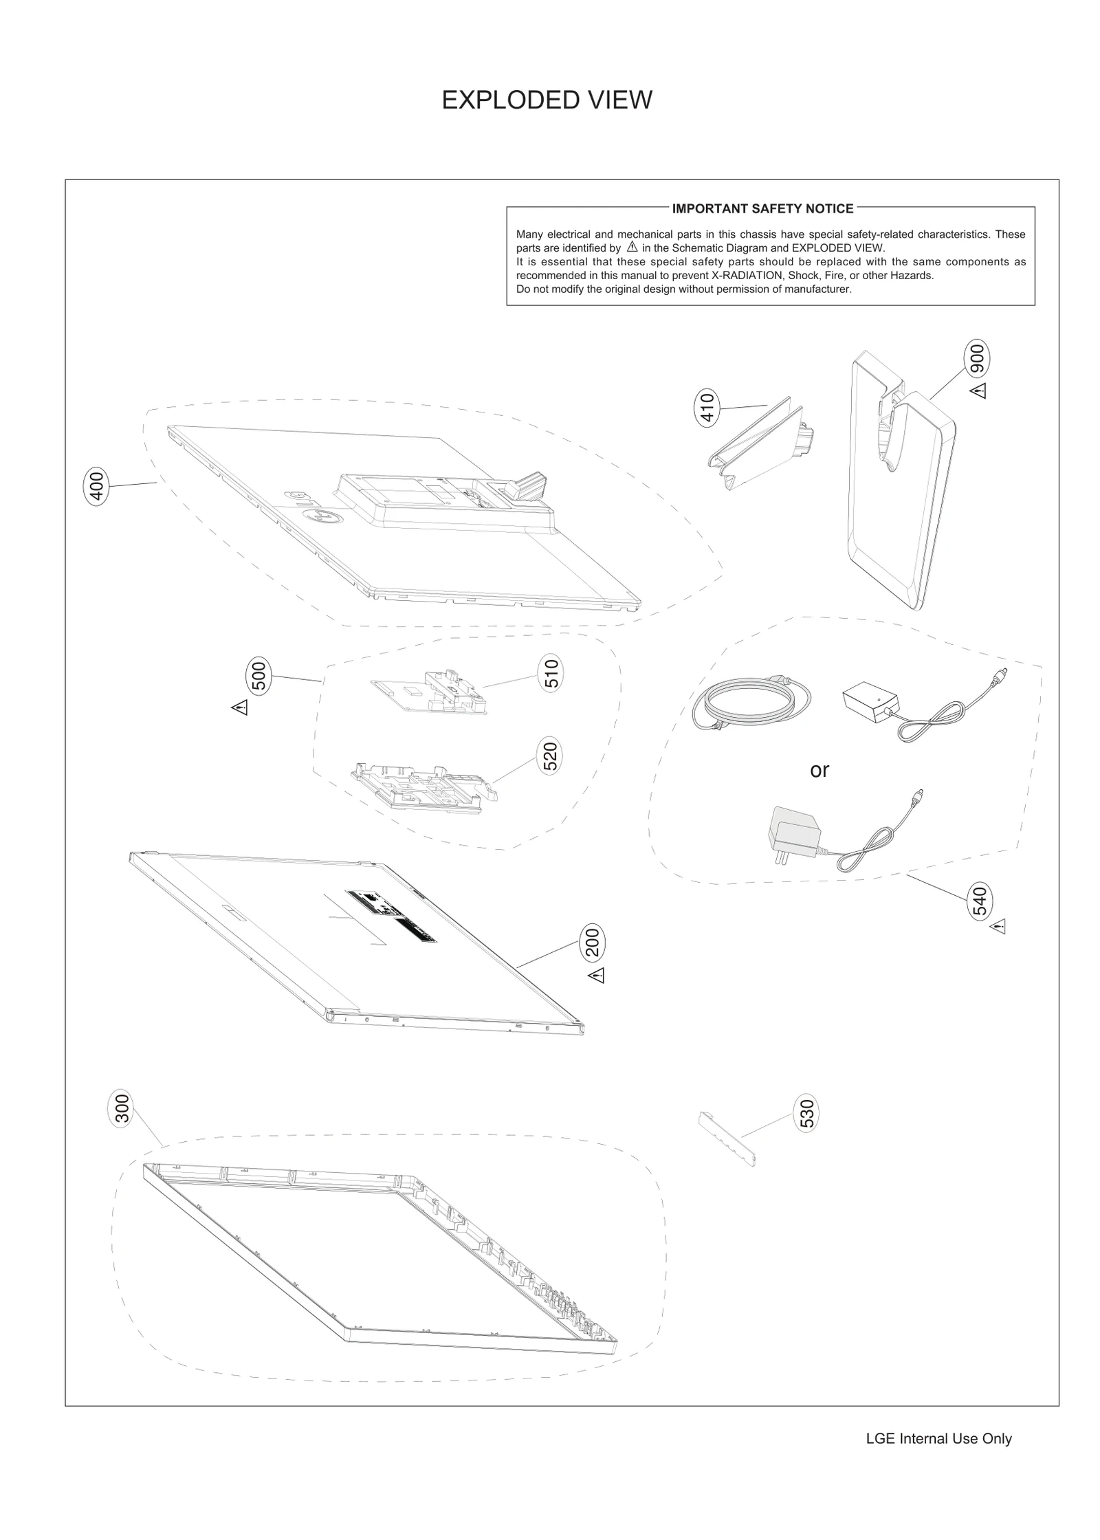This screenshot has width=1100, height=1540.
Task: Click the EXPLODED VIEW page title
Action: click(x=547, y=100)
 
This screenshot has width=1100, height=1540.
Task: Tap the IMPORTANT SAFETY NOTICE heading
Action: click(x=762, y=208)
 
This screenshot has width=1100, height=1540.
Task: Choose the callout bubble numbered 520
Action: click(x=550, y=756)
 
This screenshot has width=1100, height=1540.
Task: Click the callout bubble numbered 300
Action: click(x=121, y=1108)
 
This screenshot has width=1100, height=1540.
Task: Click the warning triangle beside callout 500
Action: click(x=239, y=707)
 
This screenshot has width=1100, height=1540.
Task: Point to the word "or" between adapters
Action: click(x=819, y=771)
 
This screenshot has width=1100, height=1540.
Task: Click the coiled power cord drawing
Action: click(x=751, y=703)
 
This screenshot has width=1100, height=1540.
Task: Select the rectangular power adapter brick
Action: click(x=869, y=699)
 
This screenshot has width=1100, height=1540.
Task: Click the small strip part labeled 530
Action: click(x=727, y=1138)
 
